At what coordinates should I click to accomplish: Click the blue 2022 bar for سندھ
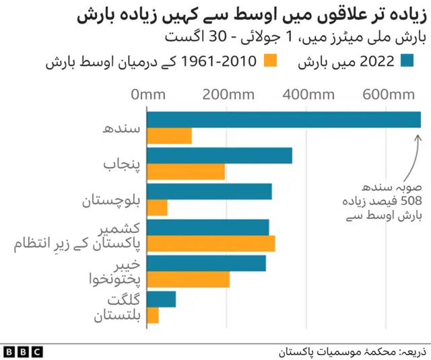(x=284, y=119)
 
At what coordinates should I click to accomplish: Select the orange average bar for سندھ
(x=169, y=135)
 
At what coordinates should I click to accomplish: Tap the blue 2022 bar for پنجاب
(x=220, y=155)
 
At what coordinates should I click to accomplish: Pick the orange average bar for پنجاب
(x=186, y=172)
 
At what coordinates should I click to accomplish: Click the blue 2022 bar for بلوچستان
(x=209, y=191)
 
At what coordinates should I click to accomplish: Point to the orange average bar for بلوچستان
(x=157, y=207)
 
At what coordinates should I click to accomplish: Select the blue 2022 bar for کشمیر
(x=208, y=227)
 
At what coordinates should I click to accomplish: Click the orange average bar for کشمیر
(x=211, y=244)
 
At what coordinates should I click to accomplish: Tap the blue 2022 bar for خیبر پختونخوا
(x=206, y=263)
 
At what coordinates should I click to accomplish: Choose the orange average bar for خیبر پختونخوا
(x=188, y=279)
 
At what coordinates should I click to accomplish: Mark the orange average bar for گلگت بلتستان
(x=153, y=315)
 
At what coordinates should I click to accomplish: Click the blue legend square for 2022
(x=406, y=62)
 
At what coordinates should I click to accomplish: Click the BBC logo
(x=23, y=351)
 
